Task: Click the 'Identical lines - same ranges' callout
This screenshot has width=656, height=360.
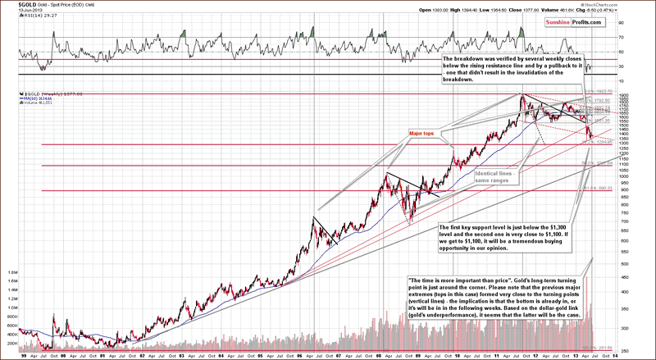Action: pos(494,175)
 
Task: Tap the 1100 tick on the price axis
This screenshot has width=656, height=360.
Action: pos(624,165)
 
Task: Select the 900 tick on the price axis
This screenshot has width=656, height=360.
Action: pos(624,190)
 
